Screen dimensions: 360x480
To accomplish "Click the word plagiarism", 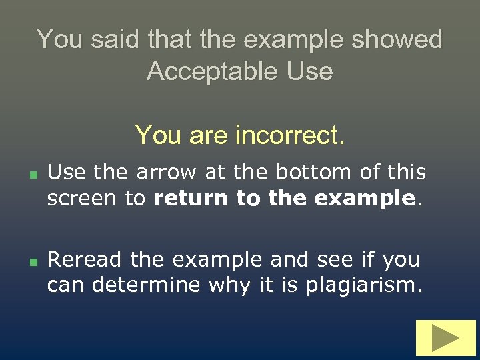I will (364, 285).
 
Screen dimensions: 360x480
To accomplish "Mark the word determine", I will (147, 285).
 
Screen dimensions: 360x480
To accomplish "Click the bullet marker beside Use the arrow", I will (31, 173).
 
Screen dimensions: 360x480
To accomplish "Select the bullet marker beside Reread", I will (31, 259).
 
